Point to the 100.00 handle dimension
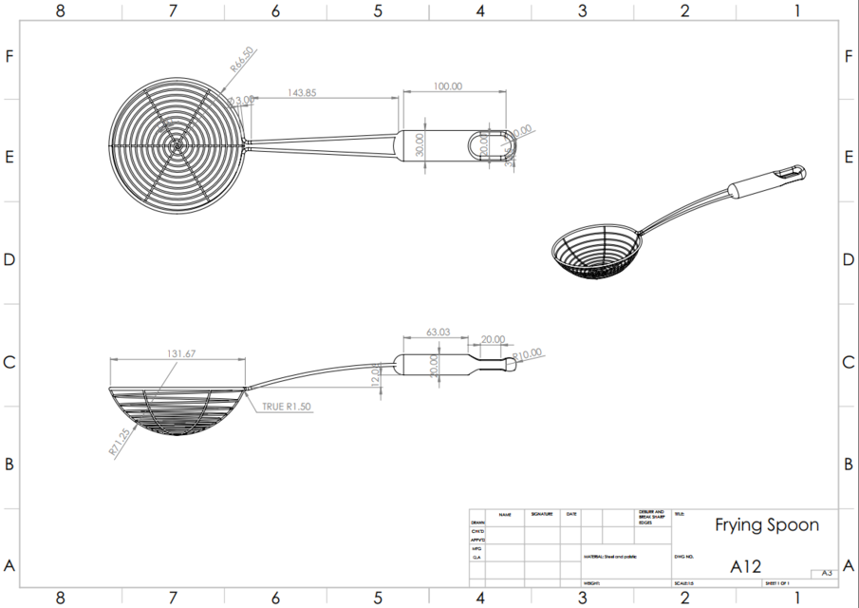448,85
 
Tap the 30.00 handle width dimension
419,144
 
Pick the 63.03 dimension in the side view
438,332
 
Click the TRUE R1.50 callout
288,406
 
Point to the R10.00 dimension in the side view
528,353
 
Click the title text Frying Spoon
766,524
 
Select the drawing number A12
745,566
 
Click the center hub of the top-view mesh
177,145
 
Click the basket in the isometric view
598,252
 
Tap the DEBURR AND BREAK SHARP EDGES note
652,517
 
